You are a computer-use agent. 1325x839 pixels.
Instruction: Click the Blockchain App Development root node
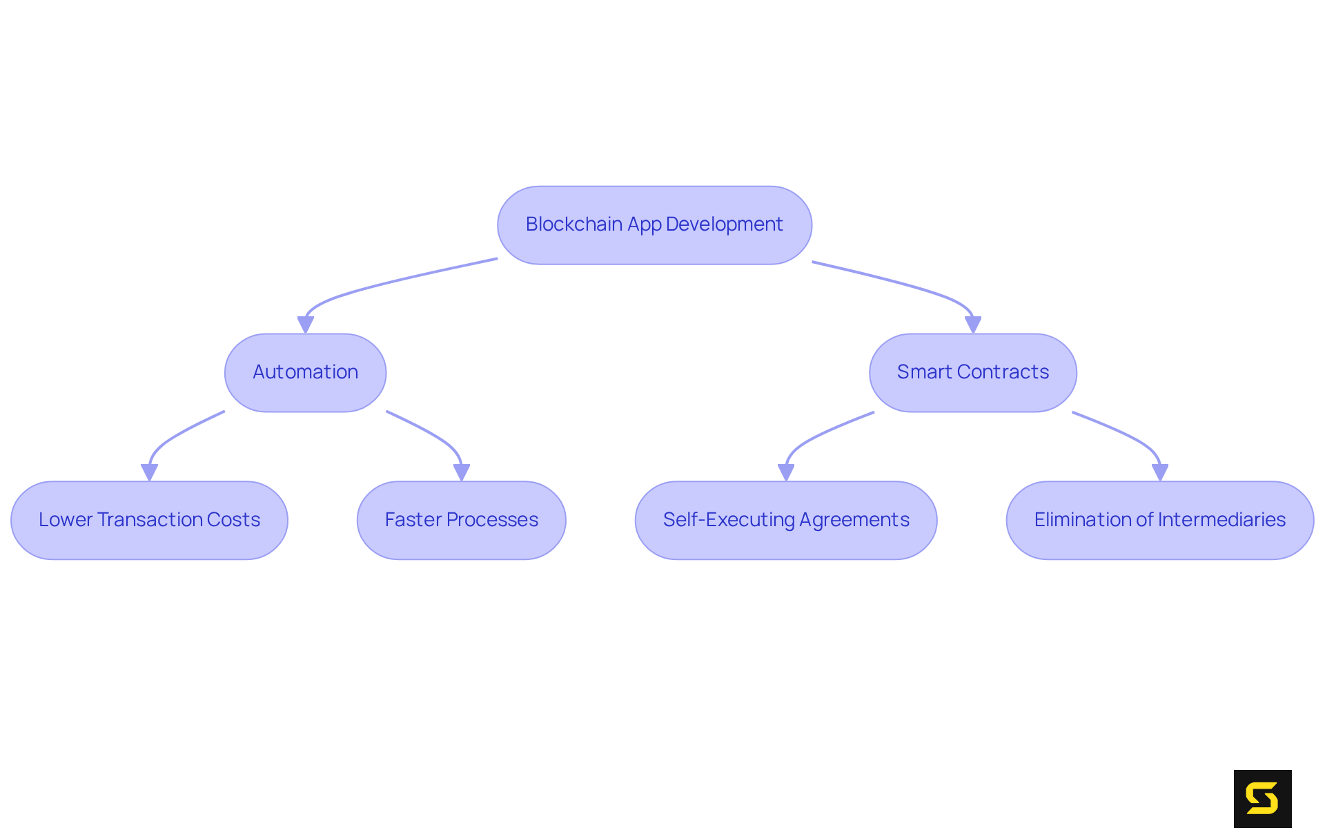pyautogui.click(x=654, y=225)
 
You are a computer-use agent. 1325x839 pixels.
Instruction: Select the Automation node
pyautogui.click(x=305, y=373)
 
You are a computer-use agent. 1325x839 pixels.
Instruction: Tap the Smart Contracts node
pyautogui.click(x=972, y=373)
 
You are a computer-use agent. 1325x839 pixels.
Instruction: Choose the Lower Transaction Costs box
pyautogui.click(x=149, y=520)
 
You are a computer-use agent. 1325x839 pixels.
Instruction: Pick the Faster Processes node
pyautogui.click(x=461, y=520)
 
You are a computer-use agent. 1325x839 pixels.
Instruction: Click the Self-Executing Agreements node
pyautogui.click(x=785, y=520)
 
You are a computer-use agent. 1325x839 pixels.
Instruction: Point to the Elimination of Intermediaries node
pyautogui.click(x=1159, y=520)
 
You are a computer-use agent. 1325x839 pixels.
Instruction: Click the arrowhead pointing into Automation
pyautogui.click(x=305, y=325)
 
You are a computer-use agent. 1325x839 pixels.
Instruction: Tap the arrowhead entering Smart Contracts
pyautogui.click(x=973, y=325)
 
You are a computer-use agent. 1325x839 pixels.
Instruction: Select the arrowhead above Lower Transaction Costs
pyautogui.click(x=149, y=472)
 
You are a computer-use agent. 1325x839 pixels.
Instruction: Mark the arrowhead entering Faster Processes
pyautogui.click(x=461, y=472)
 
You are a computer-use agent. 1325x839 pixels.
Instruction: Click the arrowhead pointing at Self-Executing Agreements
pyautogui.click(x=785, y=472)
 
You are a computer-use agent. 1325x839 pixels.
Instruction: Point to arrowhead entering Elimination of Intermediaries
pyautogui.click(x=1159, y=472)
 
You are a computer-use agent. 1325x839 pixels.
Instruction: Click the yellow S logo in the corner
pyautogui.click(x=1262, y=798)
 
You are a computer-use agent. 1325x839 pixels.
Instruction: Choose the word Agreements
pyautogui.click(x=854, y=520)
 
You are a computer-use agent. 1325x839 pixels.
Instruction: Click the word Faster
pyautogui.click(x=413, y=519)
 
